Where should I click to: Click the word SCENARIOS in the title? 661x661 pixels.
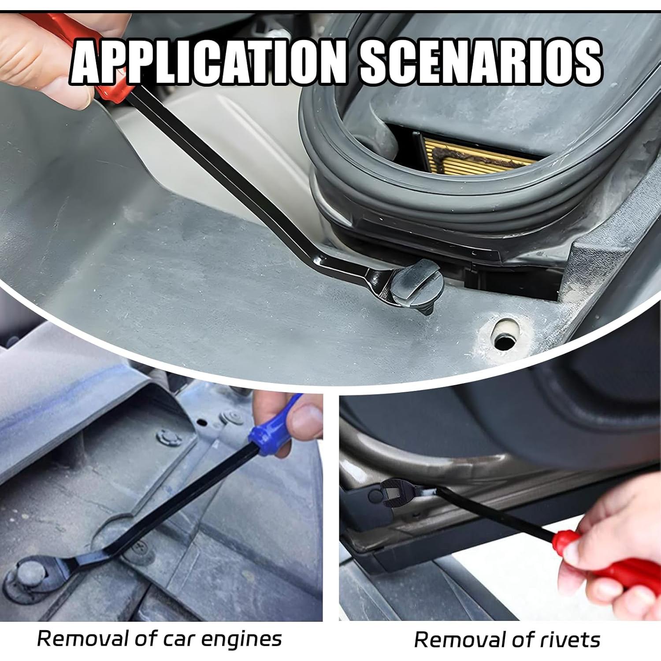pos(480,62)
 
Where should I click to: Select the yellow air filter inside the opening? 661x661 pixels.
pos(476,152)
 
